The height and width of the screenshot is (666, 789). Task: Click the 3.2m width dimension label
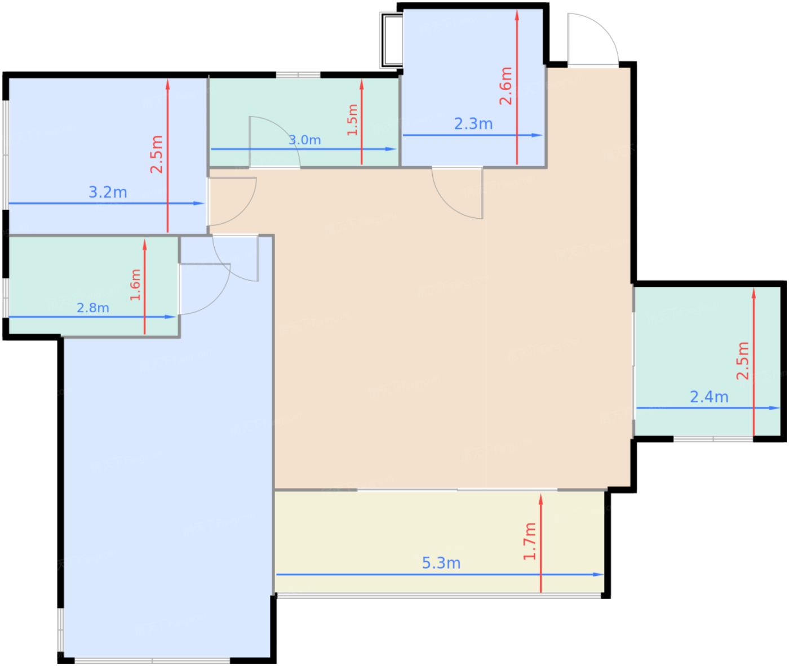point(108,192)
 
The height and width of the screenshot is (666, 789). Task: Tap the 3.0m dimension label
point(304,140)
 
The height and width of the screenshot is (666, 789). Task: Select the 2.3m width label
point(473,124)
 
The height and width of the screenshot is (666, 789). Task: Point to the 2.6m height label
point(506,86)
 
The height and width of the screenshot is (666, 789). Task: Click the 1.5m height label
point(352,120)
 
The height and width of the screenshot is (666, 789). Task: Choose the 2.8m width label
point(93,308)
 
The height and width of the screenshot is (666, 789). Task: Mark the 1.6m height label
point(135,285)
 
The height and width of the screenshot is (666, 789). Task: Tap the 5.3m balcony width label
point(441,563)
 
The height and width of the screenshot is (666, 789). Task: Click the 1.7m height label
point(529,541)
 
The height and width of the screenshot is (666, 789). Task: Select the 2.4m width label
point(709,397)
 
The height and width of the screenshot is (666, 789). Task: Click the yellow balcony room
point(440,541)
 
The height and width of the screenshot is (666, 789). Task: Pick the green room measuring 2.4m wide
point(707,362)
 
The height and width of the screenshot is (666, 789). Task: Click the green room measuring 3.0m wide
point(304,122)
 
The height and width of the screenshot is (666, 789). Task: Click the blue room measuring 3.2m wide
point(107,156)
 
